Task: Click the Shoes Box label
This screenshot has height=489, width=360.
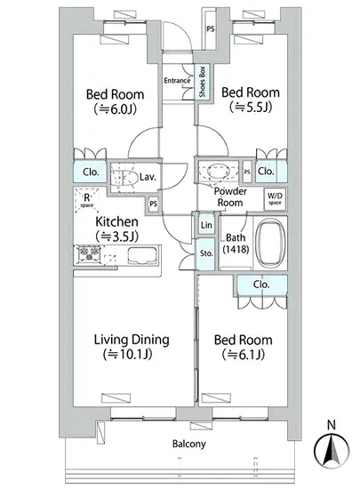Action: pyautogui.click(x=203, y=82)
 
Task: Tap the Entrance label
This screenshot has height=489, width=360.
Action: pyautogui.click(x=177, y=80)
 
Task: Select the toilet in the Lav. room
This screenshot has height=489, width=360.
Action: pyautogui.click(x=124, y=178)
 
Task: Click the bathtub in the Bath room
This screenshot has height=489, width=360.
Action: pyautogui.click(x=270, y=243)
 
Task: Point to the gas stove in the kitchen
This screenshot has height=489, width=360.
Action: pyautogui.click(x=89, y=254)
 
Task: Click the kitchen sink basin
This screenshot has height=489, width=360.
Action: pyautogui.click(x=141, y=256)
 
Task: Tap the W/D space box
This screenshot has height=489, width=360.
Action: pyautogui.click(x=275, y=198)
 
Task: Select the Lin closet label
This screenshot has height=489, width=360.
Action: pyautogui.click(x=206, y=225)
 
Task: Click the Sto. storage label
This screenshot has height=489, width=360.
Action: pyautogui.click(x=206, y=253)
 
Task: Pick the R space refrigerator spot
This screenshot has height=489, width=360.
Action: pyautogui.click(x=86, y=199)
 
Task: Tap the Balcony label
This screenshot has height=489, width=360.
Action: pyautogui.click(x=189, y=444)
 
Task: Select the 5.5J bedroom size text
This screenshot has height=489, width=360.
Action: pyautogui.click(x=251, y=108)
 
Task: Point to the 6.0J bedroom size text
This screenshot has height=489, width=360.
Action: pyautogui.click(x=115, y=108)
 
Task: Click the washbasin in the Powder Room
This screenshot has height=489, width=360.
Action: pyautogui.click(x=218, y=172)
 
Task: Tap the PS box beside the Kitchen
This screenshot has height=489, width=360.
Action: pyautogui.click(x=154, y=204)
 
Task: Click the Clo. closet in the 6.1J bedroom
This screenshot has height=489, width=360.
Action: pyautogui.click(x=262, y=285)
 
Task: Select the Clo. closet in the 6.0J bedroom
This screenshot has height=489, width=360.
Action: pyautogui.click(x=91, y=172)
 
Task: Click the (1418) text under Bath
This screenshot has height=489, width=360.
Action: pyautogui.click(x=236, y=249)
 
